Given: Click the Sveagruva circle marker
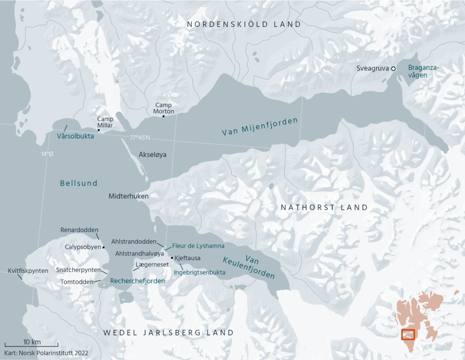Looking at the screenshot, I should point(393,69).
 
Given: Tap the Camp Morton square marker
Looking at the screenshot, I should point(163,117).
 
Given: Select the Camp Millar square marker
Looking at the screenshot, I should point(99,130).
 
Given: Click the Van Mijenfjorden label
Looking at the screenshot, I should point(260,127).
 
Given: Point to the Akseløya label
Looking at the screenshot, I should point(153,154).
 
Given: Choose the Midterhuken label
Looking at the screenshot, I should point(129,196).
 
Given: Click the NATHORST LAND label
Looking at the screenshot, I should point(324,207).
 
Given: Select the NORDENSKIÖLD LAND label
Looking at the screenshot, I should point(244,24).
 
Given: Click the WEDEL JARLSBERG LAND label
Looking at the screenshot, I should point(168,332).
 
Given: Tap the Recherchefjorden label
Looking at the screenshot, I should point(137,281).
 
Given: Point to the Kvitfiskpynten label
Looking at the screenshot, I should point(28,271).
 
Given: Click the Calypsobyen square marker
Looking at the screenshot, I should point(104,248).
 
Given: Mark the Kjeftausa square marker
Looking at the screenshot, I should point(172,258).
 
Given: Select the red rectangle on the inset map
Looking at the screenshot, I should point(408,335).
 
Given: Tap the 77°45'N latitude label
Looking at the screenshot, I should point(140,138).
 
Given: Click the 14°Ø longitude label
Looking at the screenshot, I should point(47,154).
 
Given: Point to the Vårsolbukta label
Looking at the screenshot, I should point(75,136).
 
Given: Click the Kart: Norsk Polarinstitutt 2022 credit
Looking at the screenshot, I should point(46,353).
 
